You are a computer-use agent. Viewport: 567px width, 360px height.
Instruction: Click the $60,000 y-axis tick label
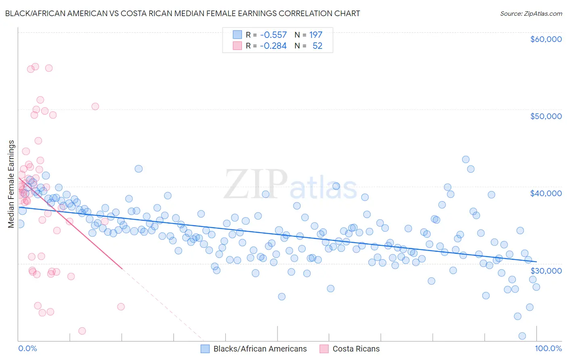pyautogui.click(x=546, y=39)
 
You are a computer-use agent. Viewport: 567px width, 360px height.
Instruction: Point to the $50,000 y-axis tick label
pyautogui.click(x=546, y=116)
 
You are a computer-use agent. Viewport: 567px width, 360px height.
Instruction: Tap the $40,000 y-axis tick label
pyautogui.click(x=546, y=193)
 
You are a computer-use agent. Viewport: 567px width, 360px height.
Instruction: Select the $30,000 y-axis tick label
pyautogui.click(x=546, y=270)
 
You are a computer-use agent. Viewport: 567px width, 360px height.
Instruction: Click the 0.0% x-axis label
pyautogui.click(x=27, y=348)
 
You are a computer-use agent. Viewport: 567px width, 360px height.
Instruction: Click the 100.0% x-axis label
pyautogui.click(x=548, y=348)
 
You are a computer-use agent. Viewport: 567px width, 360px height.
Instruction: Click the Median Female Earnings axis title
pyautogui.click(x=11, y=184)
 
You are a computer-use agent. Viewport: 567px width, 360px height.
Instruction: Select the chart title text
pyautogui.click(x=183, y=13)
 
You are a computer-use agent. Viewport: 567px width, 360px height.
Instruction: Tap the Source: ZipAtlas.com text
pyautogui.click(x=531, y=13)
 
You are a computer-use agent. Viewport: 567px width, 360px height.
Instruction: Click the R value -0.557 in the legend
pyautogui.click(x=273, y=35)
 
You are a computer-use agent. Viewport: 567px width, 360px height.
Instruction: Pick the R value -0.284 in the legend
pyautogui.click(x=273, y=46)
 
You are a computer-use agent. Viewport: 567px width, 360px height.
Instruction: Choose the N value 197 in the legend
pyautogui.click(x=316, y=35)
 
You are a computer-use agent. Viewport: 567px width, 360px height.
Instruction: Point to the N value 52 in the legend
pyautogui.click(x=317, y=46)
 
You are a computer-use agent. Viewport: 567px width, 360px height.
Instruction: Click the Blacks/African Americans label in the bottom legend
pyautogui.click(x=260, y=349)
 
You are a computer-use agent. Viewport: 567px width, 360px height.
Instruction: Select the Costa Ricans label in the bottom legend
pyautogui.click(x=356, y=349)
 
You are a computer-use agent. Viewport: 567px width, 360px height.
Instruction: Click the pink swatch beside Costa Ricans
pyautogui.click(x=324, y=349)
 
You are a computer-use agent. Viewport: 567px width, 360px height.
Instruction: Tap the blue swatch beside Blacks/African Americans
pyautogui.click(x=205, y=349)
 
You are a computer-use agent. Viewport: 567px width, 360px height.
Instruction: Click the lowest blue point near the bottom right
pyautogui.click(x=522, y=336)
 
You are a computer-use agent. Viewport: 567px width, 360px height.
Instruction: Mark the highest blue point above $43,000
pyautogui.click(x=465, y=159)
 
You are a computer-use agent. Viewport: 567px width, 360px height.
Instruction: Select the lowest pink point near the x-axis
pyautogui.click(x=82, y=331)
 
